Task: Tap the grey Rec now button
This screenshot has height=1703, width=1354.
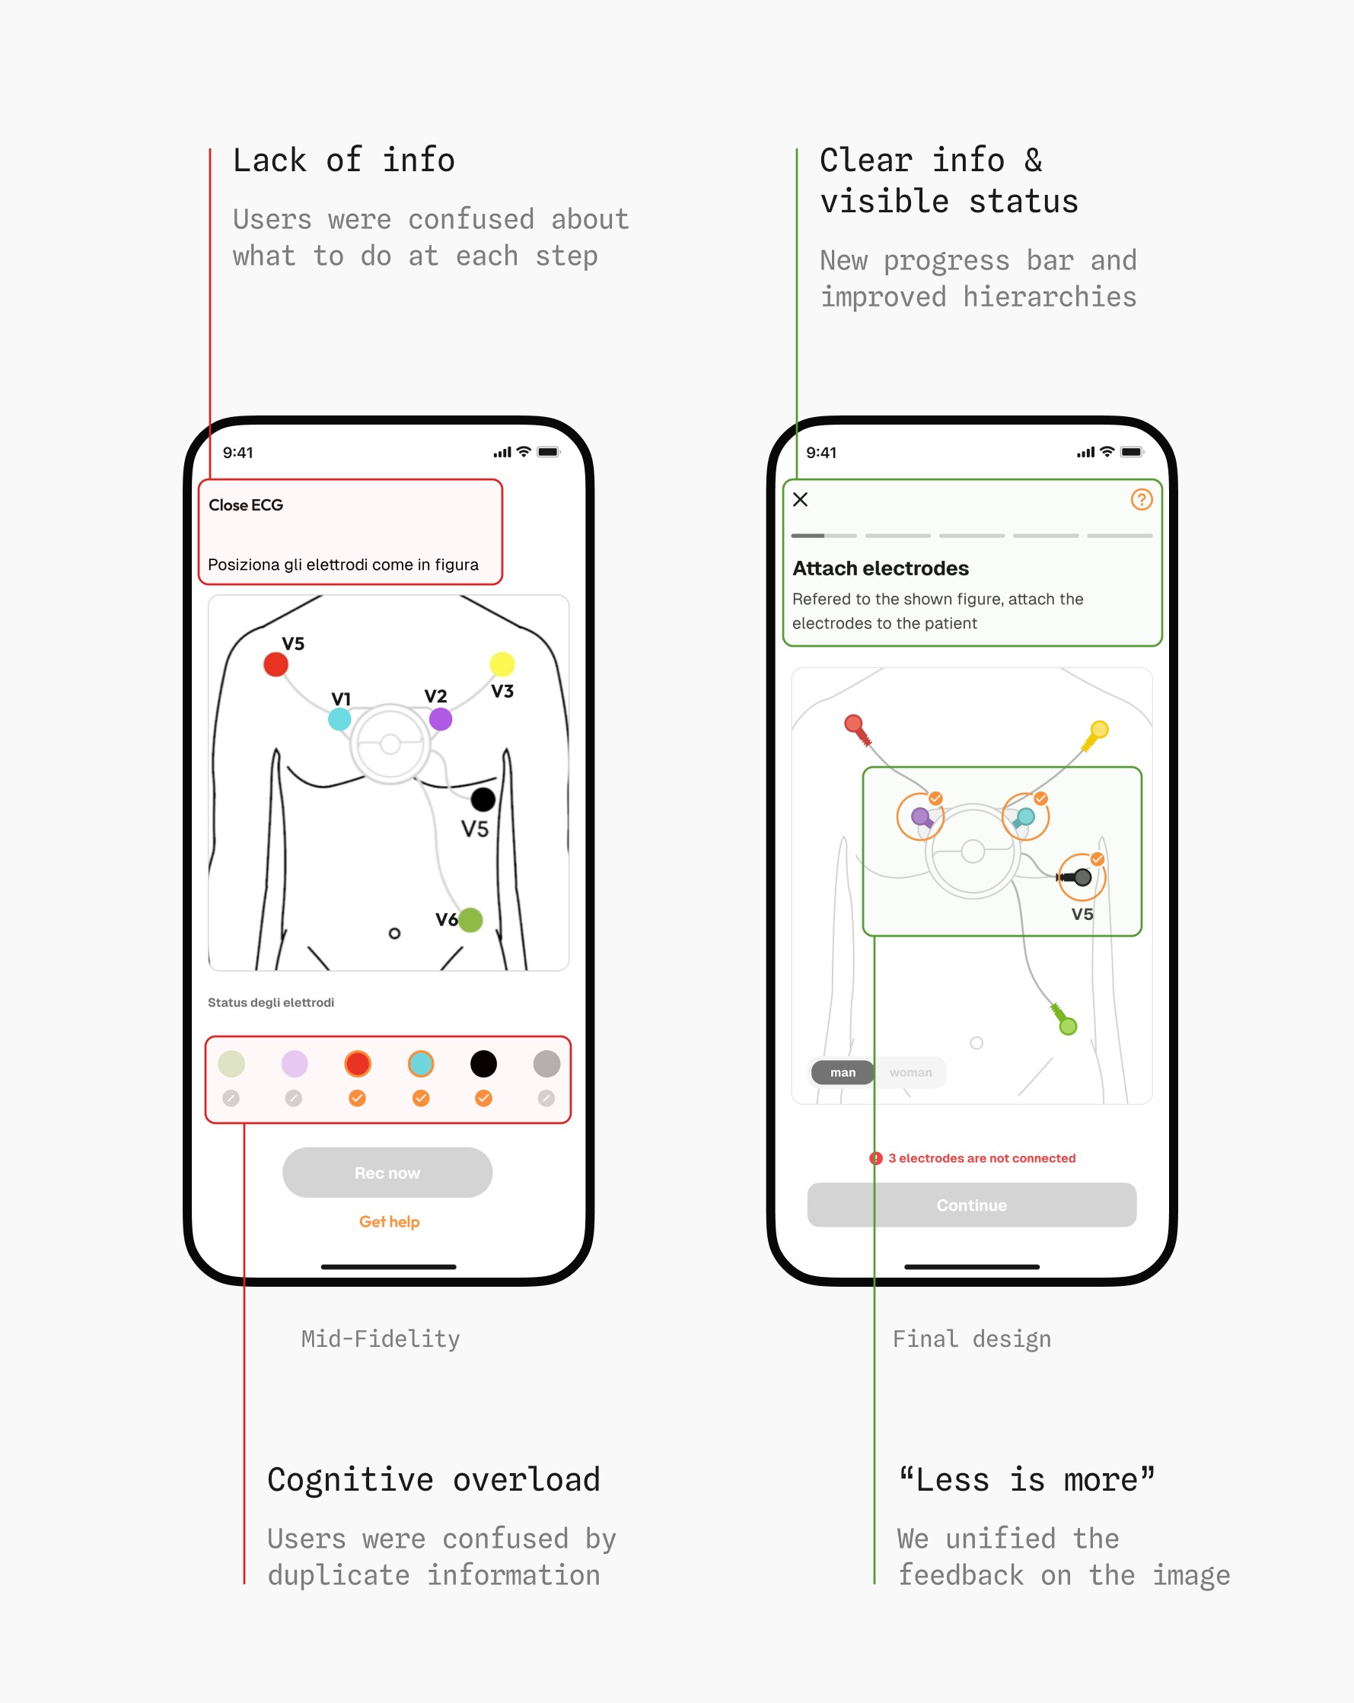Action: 387,1172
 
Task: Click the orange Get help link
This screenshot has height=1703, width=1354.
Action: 390,1221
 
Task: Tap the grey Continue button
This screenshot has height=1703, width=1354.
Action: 972,1205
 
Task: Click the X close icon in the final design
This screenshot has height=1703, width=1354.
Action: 800,499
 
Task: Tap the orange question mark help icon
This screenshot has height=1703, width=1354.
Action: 1141,499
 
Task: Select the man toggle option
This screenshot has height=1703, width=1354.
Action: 843,1072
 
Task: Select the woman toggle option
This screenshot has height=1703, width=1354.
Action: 910,1072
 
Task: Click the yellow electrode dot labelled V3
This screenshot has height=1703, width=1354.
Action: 502,664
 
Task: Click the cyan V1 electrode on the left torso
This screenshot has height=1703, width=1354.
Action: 339,719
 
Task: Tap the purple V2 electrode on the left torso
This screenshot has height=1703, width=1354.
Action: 441,719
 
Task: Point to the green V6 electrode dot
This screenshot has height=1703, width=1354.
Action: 471,919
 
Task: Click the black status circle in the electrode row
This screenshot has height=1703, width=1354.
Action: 483,1063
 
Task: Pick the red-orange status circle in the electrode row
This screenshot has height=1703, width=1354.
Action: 357,1063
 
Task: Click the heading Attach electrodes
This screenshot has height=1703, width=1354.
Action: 880,568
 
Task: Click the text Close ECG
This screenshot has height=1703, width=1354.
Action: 246,505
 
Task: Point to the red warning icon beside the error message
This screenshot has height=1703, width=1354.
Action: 875,1158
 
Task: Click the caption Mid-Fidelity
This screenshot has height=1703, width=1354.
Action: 380,1339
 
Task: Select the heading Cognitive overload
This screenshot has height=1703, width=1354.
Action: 434,1479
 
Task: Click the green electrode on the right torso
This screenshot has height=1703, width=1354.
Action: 1067,1026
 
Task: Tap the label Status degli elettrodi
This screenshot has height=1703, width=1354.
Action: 271,1002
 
